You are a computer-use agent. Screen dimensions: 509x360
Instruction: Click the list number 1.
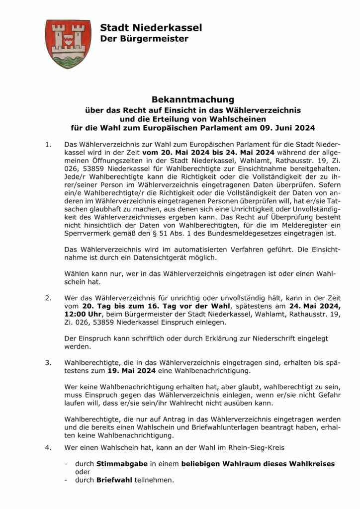48,145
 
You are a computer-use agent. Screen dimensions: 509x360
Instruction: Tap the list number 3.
48,362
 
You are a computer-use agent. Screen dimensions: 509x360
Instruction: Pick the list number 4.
48,447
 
